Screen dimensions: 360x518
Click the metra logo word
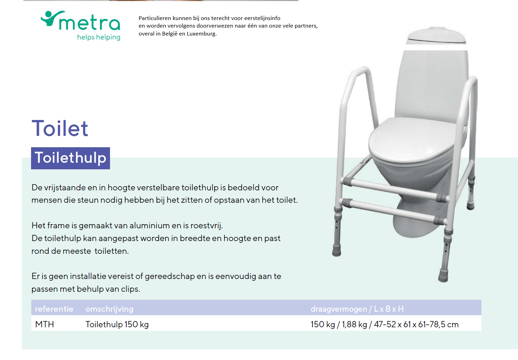[89, 22]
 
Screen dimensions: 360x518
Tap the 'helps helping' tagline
[99, 37]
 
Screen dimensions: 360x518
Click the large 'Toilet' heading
[60, 128]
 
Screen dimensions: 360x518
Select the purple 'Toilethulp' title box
[70, 158]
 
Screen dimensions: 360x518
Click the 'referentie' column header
[54, 309]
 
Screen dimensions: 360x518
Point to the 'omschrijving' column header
[109, 309]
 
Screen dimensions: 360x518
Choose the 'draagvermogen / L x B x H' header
[357, 309]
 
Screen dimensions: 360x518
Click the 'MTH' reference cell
[44, 324]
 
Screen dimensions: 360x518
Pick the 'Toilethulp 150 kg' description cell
[117, 324]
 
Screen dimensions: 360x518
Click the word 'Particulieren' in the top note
[155, 18]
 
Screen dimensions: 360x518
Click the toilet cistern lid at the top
[436, 36]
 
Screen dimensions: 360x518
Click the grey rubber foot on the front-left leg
[336, 250]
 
